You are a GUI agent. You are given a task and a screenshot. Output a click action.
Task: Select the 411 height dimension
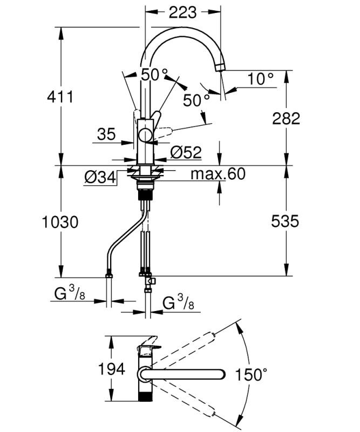[59, 97]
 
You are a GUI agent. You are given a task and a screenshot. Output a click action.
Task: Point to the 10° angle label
[261, 79]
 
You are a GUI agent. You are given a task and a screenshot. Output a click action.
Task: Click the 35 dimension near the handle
[107, 134]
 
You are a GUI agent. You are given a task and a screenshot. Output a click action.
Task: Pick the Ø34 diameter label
[101, 177]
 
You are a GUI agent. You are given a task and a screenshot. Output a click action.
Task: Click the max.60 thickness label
[218, 174]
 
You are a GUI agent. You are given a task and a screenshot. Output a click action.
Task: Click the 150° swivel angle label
[252, 374]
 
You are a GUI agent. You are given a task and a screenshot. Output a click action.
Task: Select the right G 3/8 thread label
[178, 303]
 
